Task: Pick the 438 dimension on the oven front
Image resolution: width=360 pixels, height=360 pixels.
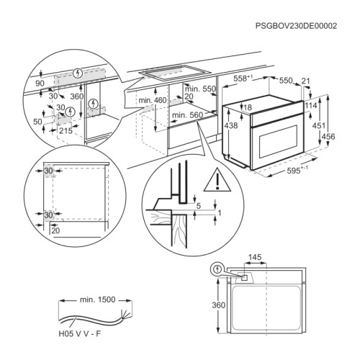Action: [x=230, y=125]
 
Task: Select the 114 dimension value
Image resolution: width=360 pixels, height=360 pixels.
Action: [x=311, y=105]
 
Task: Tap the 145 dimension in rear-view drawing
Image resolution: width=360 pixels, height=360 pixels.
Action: [x=254, y=256]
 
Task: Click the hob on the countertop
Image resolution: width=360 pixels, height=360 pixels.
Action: [x=171, y=73]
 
